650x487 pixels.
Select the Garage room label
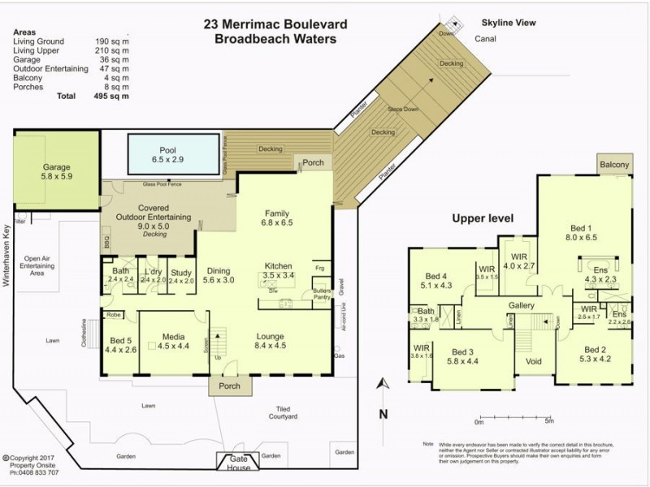[57, 168]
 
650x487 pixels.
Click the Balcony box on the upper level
[614, 165]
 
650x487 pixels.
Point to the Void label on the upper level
[534, 361]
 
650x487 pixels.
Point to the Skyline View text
[508, 24]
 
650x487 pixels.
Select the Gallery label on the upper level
[520, 305]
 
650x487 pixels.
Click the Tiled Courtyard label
[284, 412]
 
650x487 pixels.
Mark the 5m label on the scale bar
[549, 421]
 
